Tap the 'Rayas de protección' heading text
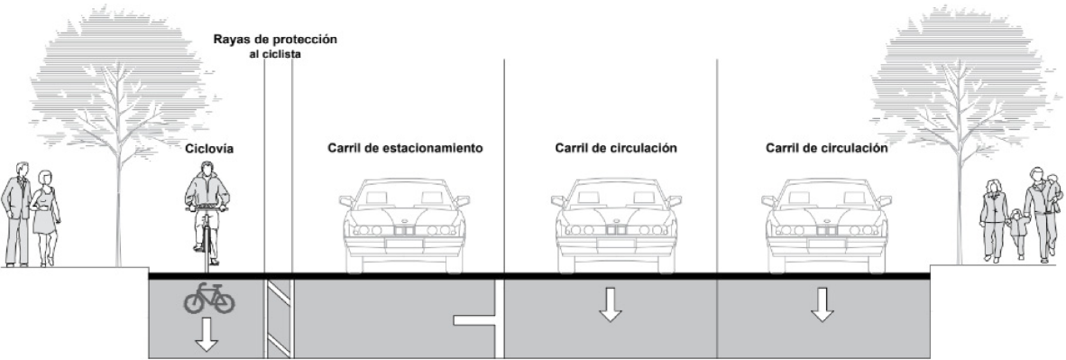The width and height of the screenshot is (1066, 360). point(275,40)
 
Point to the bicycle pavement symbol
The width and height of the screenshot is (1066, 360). point(208,299)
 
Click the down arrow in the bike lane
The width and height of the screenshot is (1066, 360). point(207,334)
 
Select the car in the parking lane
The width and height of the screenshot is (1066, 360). point(405,226)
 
